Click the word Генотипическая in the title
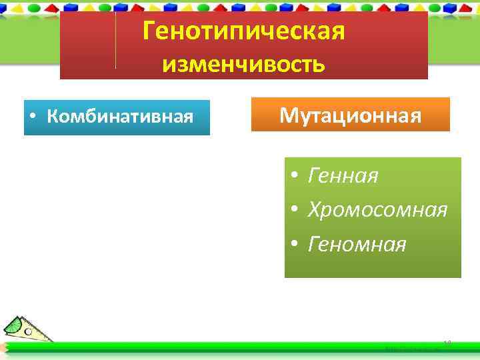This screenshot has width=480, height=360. [x=243, y=31]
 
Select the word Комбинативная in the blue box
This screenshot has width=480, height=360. [x=120, y=117]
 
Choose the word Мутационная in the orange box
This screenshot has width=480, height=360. [x=350, y=115]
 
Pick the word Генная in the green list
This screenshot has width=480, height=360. [x=343, y=176]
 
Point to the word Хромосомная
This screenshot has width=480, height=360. [x=377, y=210]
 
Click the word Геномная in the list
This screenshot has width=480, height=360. [x=357, y=245]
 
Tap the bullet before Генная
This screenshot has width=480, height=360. [x=293, y=177]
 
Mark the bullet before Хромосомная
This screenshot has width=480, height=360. [x=293, y=211]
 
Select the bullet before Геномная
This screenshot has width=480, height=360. [x=293, y=245]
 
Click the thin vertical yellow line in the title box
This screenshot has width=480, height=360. [x=116, y=40]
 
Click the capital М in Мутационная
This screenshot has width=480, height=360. [x=288, y=115]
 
